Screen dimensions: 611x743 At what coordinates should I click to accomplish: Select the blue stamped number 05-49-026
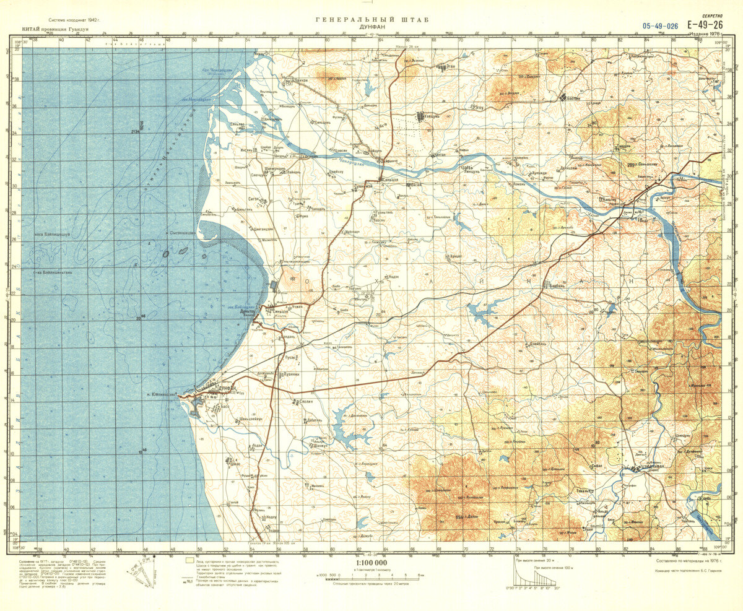660,26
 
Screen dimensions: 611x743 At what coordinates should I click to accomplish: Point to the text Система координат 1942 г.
68,20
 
